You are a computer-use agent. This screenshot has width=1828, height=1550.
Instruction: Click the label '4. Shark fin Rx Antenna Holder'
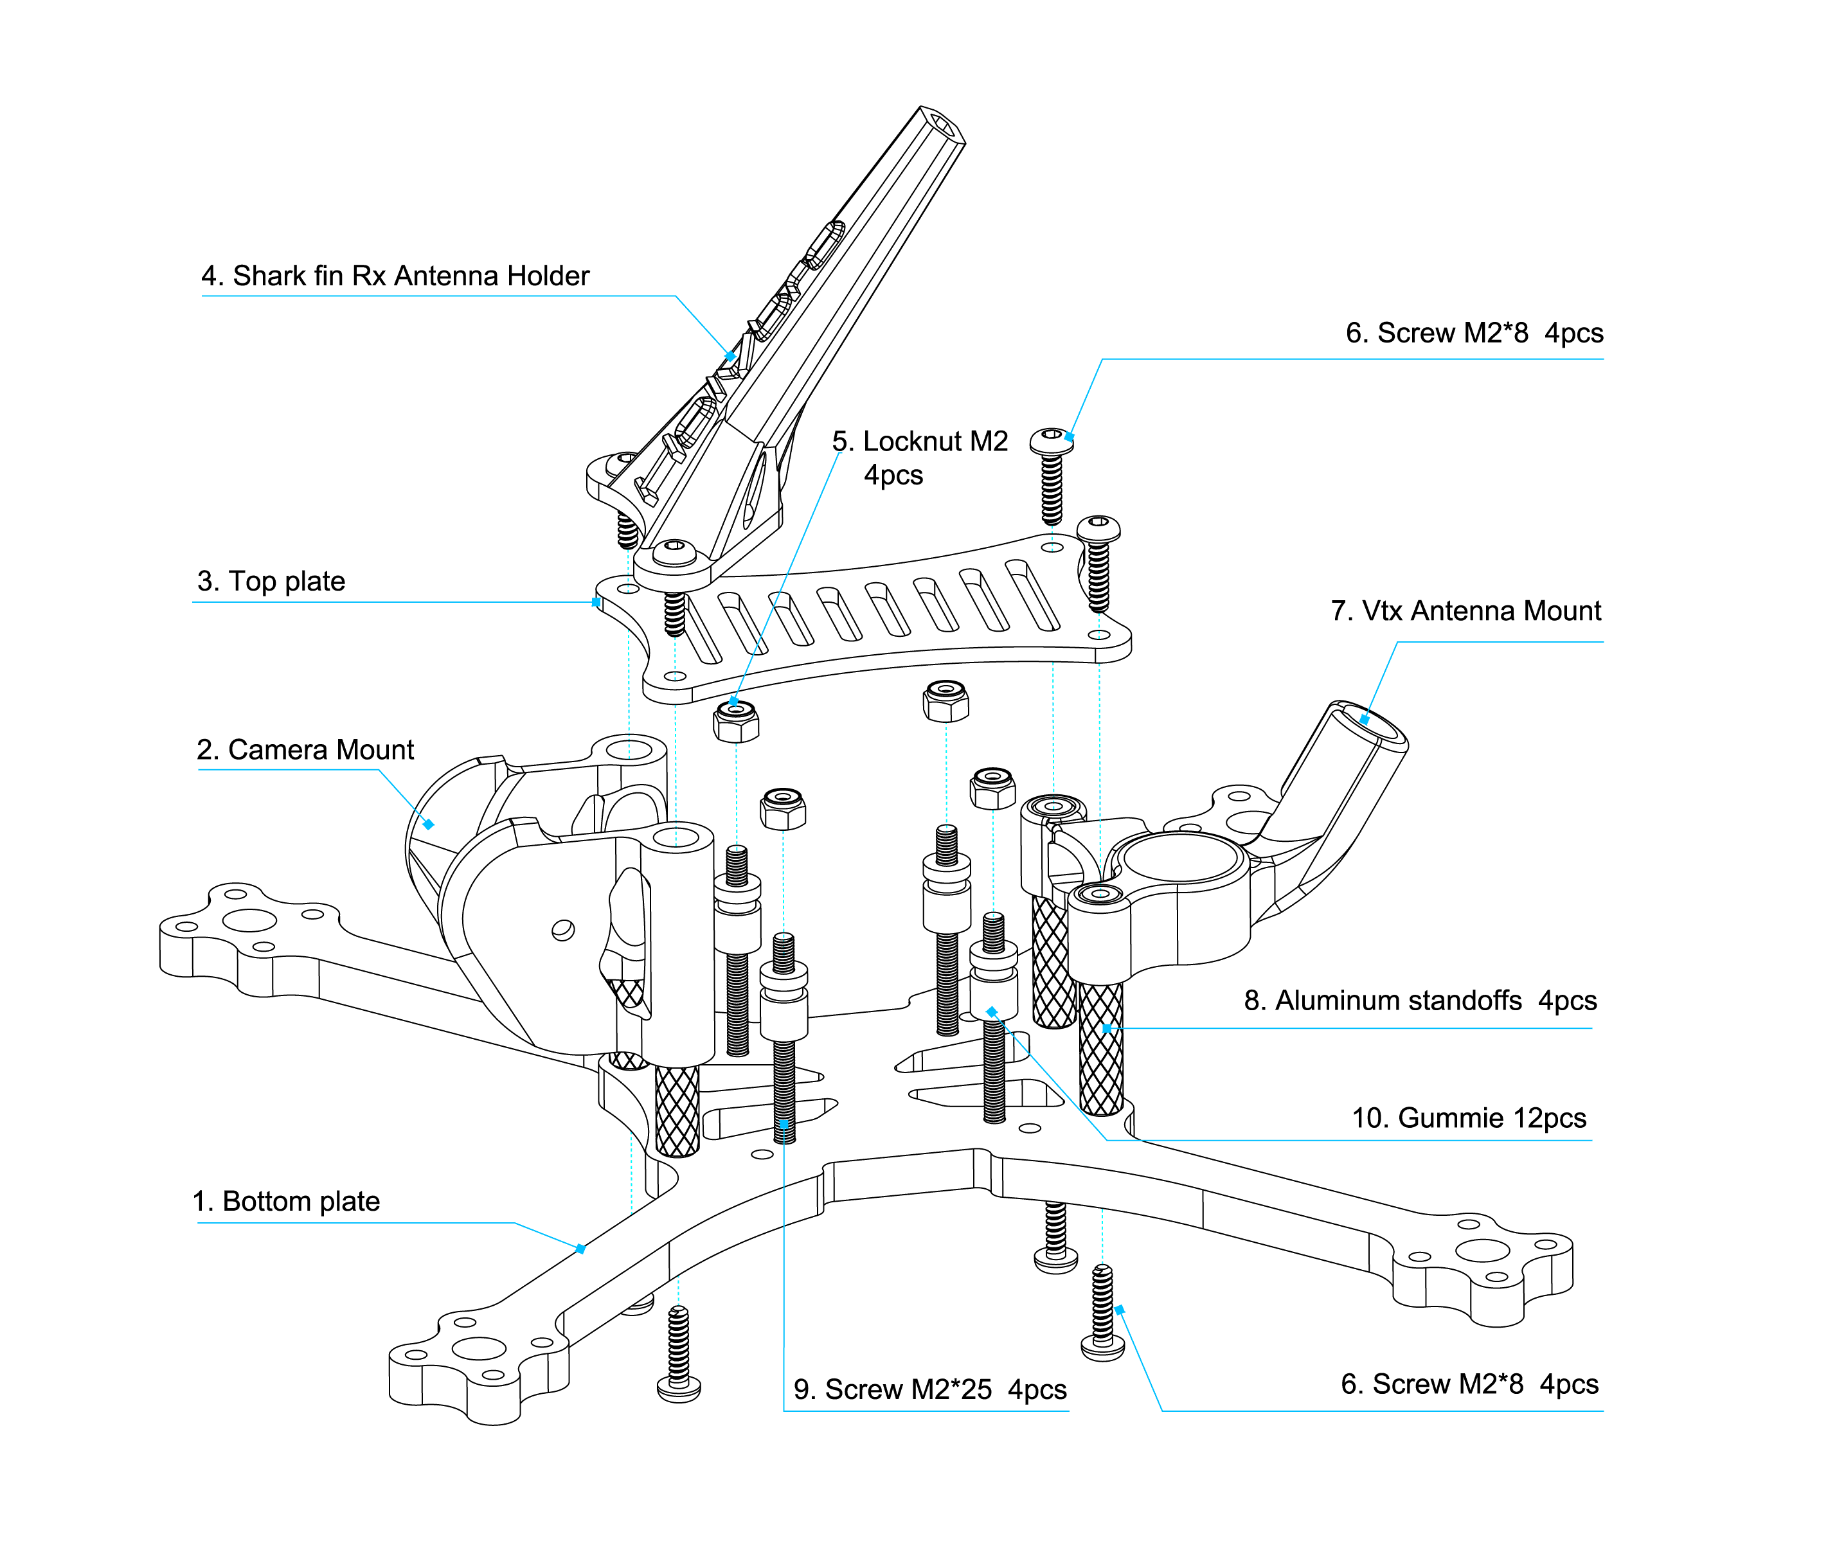tap(395, 276)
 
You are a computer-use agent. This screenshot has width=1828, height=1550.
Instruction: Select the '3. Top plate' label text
tap(271, 581)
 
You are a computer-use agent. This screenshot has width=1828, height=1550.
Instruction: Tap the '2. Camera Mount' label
tap(305, 749)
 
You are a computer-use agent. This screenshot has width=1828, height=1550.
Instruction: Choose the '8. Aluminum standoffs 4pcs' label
tap(1419, 1000)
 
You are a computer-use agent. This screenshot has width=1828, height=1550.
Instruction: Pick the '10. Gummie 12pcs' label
tap(1469, 1118)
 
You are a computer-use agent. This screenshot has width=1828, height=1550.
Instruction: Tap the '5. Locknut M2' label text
tap(919, 441)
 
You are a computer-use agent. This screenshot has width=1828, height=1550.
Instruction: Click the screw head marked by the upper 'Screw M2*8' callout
tap(1051, 440)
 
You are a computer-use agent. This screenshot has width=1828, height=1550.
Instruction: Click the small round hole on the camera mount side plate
tap(562, 930)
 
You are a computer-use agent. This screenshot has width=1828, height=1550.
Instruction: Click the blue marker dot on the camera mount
tap(428, 824)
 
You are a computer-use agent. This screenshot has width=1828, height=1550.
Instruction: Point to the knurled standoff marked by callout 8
tap(1101, 1046)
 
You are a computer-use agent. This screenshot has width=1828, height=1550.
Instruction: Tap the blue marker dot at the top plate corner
tap(596, 602)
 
